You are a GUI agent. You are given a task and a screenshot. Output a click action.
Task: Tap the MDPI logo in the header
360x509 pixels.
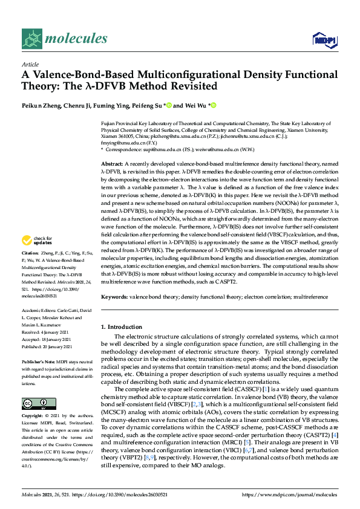pyautogui.click(x=324, y=40)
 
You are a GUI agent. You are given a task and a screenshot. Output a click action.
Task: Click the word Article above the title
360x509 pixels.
pyautogui.click(x=30, y=65)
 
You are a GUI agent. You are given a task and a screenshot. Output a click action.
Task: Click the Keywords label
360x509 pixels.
pyautogui.click(x=114, y=297)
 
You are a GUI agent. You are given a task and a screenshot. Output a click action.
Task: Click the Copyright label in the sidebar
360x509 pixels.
pyautogui.click(x=33, y=417)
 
